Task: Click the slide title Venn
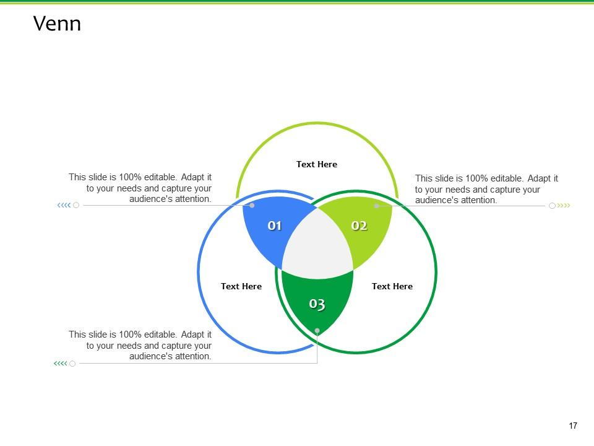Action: (57, 24)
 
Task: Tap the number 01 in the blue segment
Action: (275, 225)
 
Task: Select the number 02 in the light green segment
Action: (359, 225)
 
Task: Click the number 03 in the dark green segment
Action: (317, 304)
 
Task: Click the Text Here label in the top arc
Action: (317, 164)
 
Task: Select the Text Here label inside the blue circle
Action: (241, 286)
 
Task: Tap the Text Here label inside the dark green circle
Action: (392, 286)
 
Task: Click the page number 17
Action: (572, 426)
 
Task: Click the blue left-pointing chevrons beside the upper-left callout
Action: (63, 205)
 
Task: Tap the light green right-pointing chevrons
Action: (564, 206)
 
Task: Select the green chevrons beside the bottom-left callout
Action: (60, 364)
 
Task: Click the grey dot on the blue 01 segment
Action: (252, 205)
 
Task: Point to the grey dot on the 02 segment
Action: (376, 206)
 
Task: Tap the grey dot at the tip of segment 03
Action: (317, 331)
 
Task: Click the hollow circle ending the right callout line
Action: (552, 206)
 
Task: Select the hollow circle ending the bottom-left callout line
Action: (72, 364)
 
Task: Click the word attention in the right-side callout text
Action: (478, 200)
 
